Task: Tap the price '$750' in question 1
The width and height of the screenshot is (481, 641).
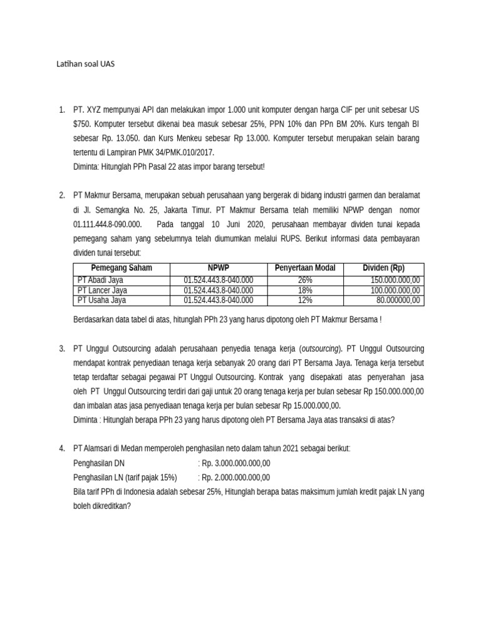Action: coord(81,124)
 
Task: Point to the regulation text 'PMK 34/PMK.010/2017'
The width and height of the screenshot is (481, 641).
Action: coord(178,152)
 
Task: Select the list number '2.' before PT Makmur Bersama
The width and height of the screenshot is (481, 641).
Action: coord(62,195)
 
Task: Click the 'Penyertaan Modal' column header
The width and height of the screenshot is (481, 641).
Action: coord(305,268)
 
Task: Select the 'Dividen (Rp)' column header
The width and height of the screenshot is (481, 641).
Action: coord(383,268)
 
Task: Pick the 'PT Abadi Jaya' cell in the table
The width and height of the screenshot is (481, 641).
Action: coord(100,280)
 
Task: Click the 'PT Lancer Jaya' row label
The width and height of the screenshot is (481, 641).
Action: coord(102,290)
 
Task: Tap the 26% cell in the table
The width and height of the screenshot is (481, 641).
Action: coord(305,280)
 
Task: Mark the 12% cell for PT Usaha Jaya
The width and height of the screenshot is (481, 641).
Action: coord(305,300)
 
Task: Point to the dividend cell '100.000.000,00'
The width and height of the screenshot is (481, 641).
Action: coord(395,290)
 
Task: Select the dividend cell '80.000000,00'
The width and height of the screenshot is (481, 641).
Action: coord(398,300)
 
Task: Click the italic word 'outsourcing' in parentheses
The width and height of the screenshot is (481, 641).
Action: coord(320,349)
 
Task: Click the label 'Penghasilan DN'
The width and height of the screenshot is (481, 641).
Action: coord(99,463)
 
